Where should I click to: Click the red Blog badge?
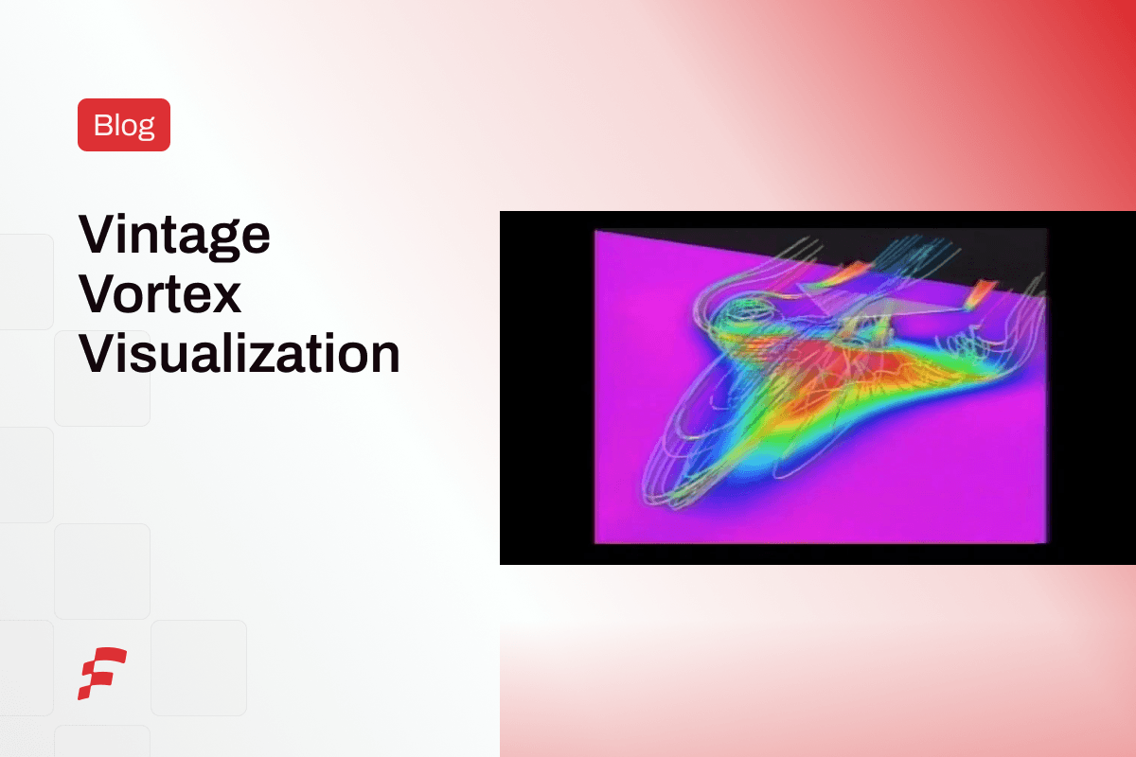coord(124,125)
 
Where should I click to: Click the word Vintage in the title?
coord(174,234)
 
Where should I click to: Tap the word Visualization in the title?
coord(239,353)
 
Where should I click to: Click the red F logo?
coord(102,673)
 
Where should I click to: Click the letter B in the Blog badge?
coord(102,125)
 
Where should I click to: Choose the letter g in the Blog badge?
coord(145,129)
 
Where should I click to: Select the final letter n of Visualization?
coord(382,358)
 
